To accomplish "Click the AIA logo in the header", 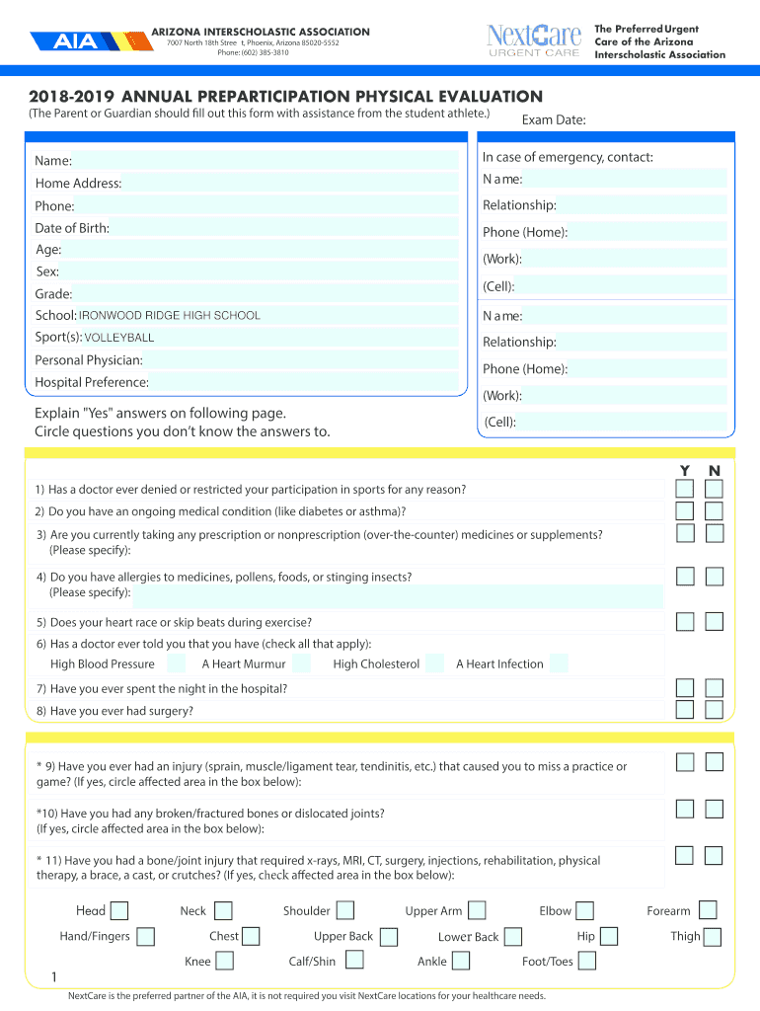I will coord(77,42).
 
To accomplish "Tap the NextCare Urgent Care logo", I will coord(534,40).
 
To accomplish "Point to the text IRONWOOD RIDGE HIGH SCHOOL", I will coord(170,316).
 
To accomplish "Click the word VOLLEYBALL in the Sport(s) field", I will coord(119,338).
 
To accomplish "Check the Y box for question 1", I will coord(684,490).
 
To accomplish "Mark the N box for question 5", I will coord(715,622).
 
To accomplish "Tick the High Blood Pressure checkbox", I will coord(172,663).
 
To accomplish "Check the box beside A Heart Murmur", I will coord(302,663).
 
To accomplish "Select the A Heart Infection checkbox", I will coord(559,663).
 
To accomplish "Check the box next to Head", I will coord(119,911).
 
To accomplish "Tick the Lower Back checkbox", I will coord(515,937).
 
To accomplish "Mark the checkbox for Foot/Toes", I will coord(588,961).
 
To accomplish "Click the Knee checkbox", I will coord(225,961).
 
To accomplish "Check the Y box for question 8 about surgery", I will coord(684,711).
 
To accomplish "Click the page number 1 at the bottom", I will coord(53,978).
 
